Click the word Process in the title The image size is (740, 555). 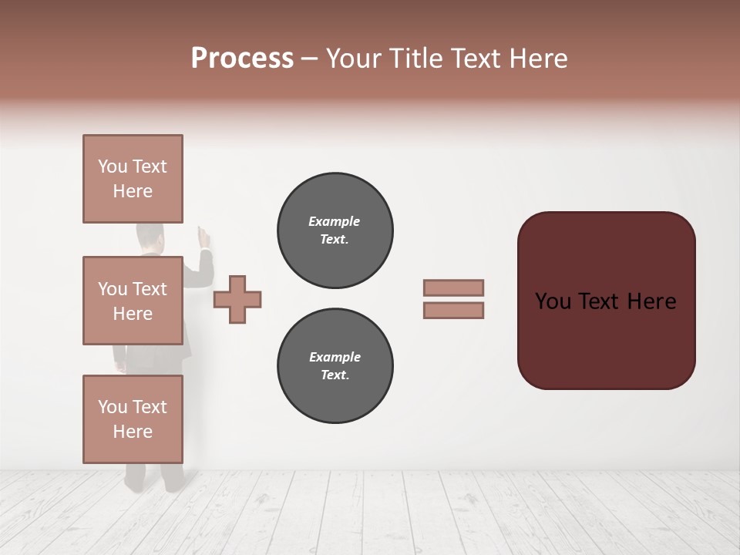242,59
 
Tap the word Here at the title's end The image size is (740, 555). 536,59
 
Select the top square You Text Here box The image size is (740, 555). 133,179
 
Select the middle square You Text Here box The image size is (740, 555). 133,301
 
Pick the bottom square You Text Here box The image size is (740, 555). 133,419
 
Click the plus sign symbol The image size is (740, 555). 237,300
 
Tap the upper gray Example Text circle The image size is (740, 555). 335,230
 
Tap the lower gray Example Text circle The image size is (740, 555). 335,365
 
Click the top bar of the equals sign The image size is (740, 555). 453,288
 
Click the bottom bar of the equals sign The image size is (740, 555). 453,311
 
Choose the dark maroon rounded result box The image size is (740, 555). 606,300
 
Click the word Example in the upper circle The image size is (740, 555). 334,221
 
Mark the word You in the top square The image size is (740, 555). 113,166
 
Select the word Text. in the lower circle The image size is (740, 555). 335,375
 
